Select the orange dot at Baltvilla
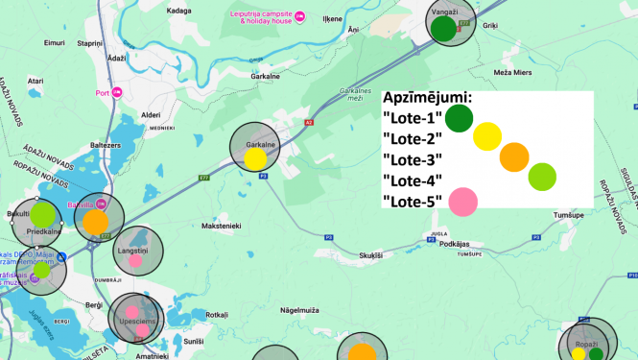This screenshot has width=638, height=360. coord(95,222)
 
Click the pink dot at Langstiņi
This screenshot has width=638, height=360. coord(135,260)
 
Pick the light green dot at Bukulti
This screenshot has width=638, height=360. coord(43,212)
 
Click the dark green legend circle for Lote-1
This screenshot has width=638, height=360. coord(459,119)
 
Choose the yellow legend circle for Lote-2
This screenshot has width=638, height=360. coord(487,137)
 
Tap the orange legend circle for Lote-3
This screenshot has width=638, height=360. coord(514,156)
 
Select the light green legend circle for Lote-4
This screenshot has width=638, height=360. coord(542,177)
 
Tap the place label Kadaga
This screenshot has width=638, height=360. coord(178,11)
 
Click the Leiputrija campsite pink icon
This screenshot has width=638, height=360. coord(299,15)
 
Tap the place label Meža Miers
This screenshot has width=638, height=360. coord(512,72)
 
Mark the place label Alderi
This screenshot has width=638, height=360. coord(151,114)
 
